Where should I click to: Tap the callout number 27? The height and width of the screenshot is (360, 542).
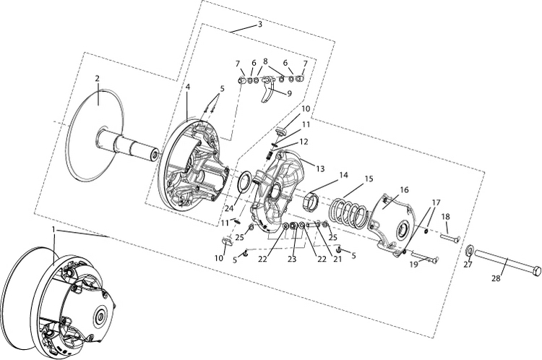coord(467,265)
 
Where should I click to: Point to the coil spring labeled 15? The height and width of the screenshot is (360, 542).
coord(348,211)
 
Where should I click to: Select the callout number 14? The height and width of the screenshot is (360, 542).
coord(344,174)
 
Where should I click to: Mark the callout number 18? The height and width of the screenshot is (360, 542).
coord(446,216)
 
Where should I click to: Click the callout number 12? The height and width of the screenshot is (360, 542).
coord(304,142)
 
